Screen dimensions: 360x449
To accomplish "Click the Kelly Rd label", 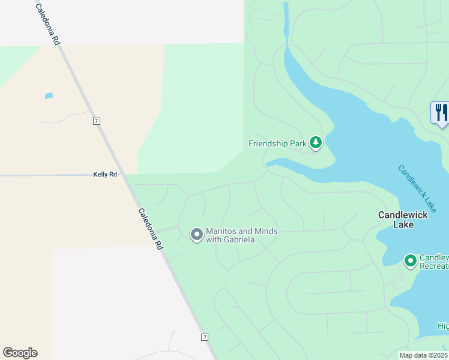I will coord(104,175).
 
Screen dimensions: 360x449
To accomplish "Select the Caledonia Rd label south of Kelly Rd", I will coord(151,229).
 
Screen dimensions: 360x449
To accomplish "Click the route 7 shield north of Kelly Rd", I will coord(96,121).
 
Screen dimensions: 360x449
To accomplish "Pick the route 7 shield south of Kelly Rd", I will coord(205,337).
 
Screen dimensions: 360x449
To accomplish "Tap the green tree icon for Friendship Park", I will coord(316,143).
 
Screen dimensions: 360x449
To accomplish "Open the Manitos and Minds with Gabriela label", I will coord(239,235).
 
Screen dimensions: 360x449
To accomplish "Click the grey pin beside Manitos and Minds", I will coord(196,235).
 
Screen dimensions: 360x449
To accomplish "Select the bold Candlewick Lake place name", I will coord(403,219).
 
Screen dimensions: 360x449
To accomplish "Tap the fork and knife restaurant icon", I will coord(441,113).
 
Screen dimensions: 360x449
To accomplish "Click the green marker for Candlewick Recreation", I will coord(411,260).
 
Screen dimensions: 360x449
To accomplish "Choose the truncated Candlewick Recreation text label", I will coord(433,261).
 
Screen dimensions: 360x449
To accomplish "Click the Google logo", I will coord(20,353).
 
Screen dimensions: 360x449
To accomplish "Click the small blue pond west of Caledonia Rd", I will coord(49,95).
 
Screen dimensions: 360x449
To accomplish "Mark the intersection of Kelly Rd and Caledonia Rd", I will coord(125,175).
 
